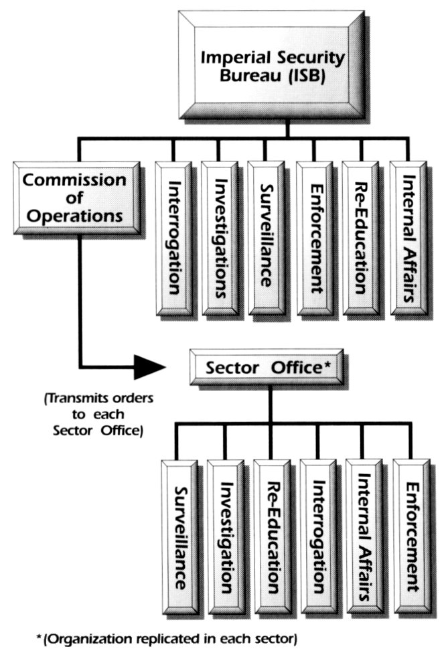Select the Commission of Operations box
coord(76,198)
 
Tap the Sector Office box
coord(266,367)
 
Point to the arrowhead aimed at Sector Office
coord(151,366)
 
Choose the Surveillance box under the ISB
coord(267,237)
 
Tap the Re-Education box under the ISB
coord(362,237)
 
